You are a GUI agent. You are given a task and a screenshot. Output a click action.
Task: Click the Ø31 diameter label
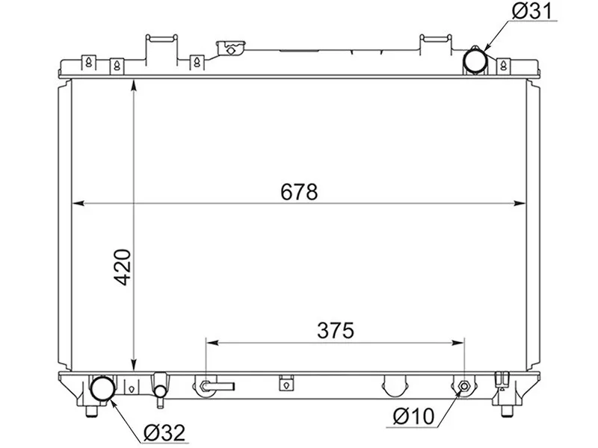tap(532, 10)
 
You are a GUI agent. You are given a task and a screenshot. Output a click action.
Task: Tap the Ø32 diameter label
tap(164, 432)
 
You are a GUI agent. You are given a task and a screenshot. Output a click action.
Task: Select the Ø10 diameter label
tap(413, 416)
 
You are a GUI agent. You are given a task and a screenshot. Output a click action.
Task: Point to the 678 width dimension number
tap(299, 192)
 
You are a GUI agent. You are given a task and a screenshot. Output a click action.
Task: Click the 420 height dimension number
tap(123, 267)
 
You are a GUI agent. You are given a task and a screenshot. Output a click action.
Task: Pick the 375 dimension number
tap(336, 330)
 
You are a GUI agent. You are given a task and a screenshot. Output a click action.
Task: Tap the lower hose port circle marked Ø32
tap(102, 388)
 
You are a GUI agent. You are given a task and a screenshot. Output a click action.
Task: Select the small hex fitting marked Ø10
tap(464, 386)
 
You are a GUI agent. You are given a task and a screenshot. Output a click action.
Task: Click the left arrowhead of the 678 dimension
tap(78, 203)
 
